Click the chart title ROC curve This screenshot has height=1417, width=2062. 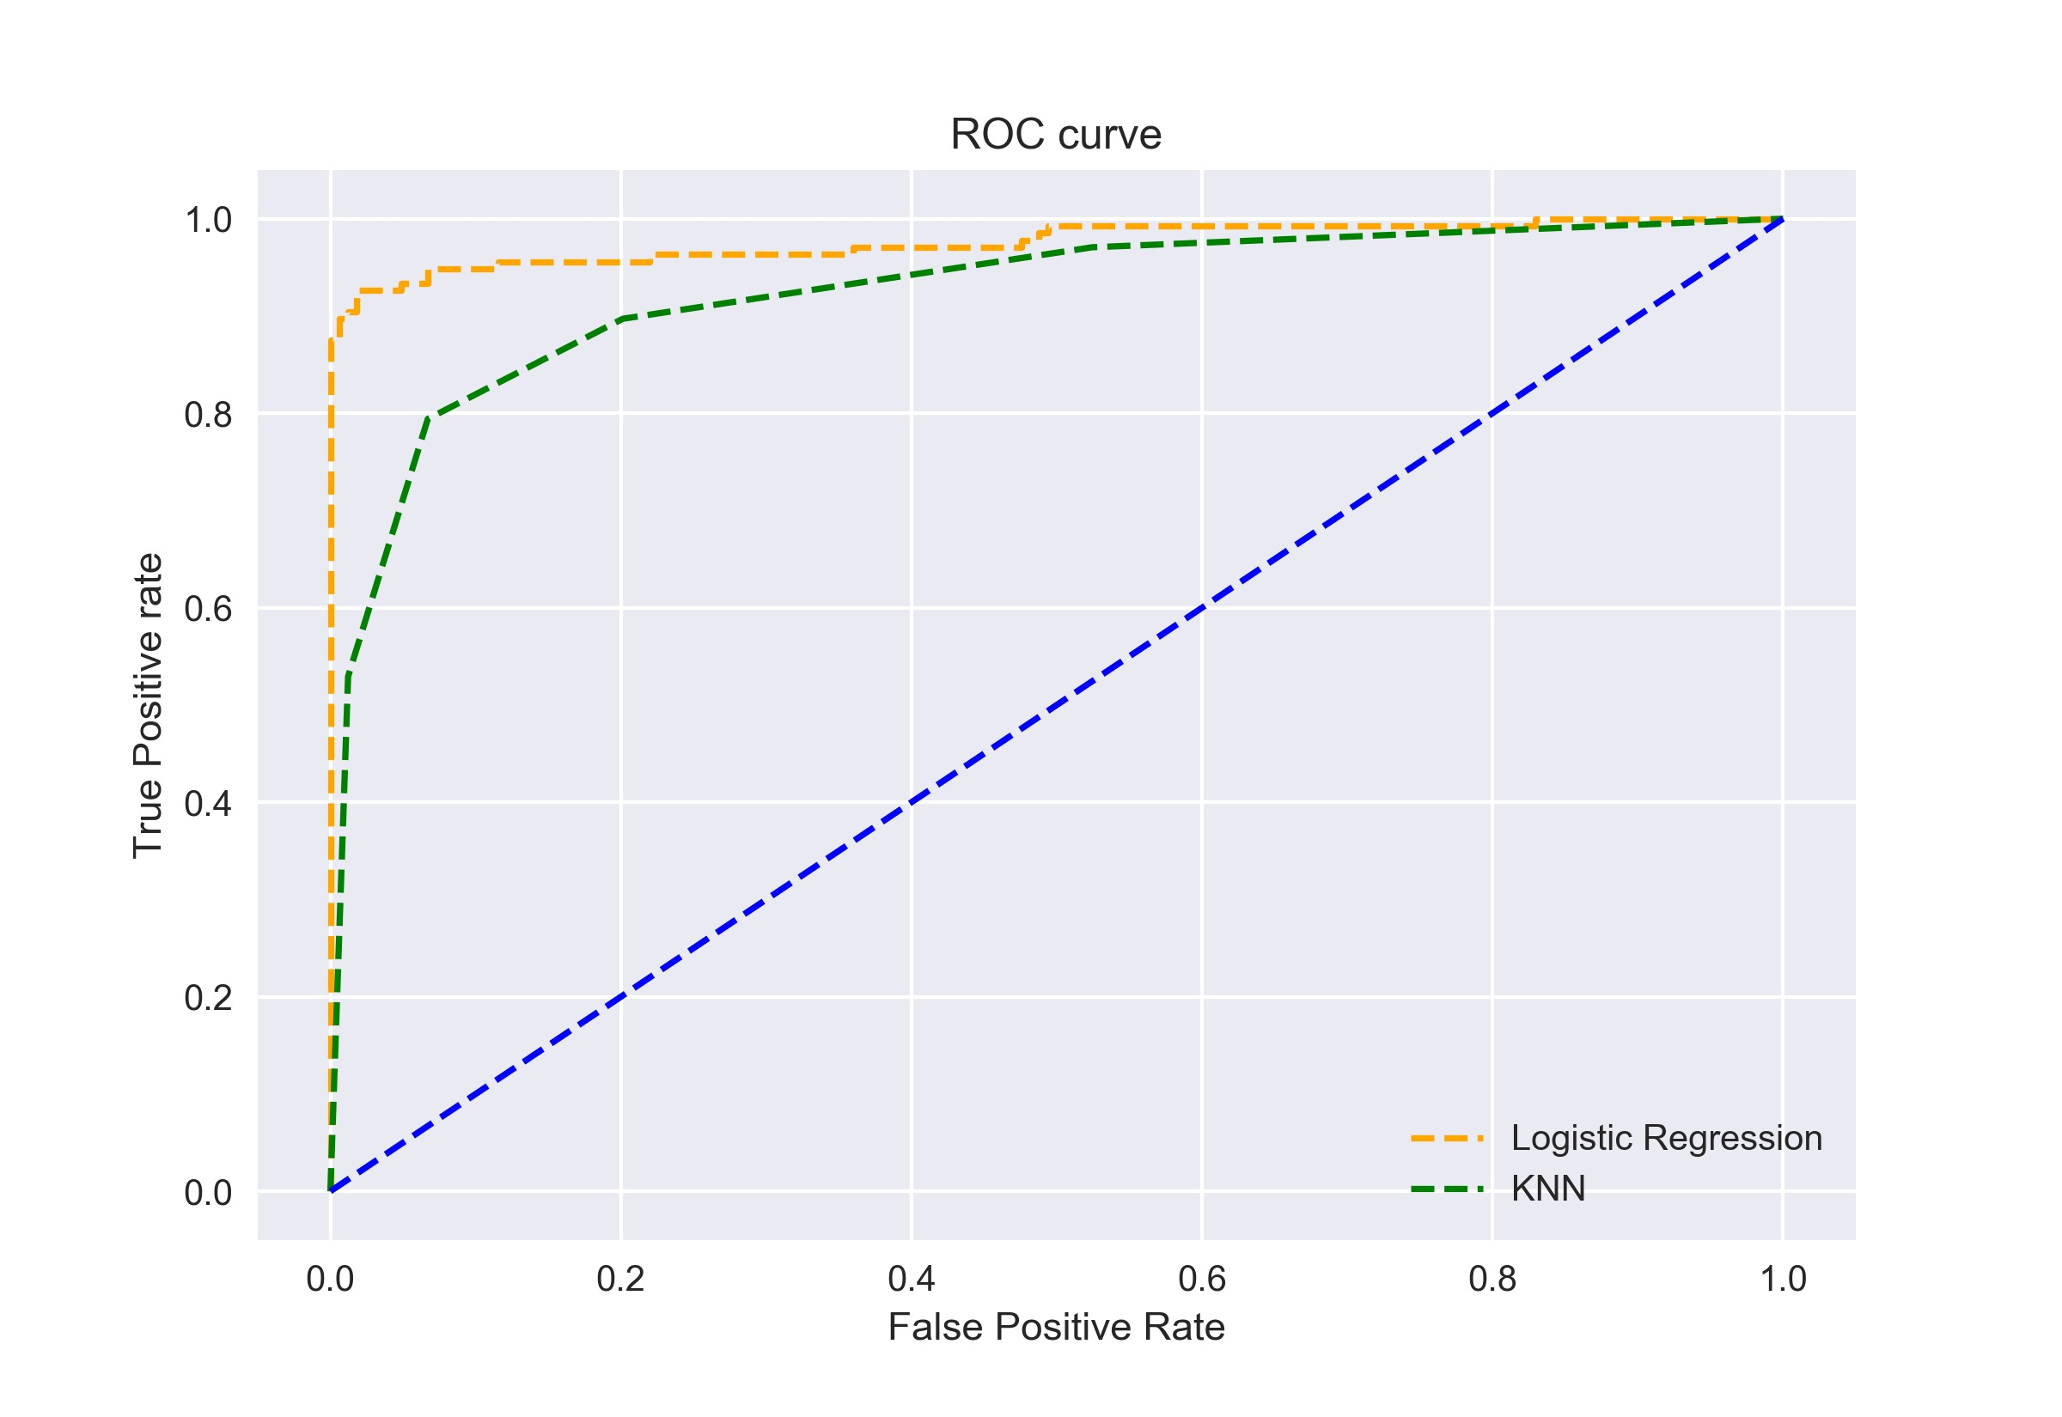pos(1056,135)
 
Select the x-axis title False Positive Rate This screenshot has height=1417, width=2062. pos(1056,1328)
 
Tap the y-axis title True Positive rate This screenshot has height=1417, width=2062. pos(149,706)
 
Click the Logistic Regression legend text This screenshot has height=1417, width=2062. pos(1666,1138)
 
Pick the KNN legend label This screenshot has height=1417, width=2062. pos(1548,1188)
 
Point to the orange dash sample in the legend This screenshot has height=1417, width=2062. pos(1447,1138)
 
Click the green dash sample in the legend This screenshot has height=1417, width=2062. pos(1447,1189)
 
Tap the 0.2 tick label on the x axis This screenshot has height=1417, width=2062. pos(620,1279)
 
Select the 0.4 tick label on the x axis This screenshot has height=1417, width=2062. pos(911,1279)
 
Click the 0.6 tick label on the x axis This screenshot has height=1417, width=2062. pos(1201,1279)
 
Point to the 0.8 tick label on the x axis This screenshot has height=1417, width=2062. pos(1492,1279)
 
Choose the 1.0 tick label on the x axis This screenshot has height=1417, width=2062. pos(1782,1279)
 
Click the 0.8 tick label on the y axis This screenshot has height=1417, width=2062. pos(208,415)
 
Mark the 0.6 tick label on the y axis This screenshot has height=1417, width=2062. pos(208,609)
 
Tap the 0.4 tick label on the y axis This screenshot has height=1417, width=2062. pos(208,804)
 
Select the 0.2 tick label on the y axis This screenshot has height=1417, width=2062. pos(208,998)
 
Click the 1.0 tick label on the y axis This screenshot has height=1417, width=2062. pos(208,220)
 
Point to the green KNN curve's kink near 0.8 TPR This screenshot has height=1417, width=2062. pos(429,417)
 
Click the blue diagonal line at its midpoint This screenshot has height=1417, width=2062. pos(1057,704)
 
